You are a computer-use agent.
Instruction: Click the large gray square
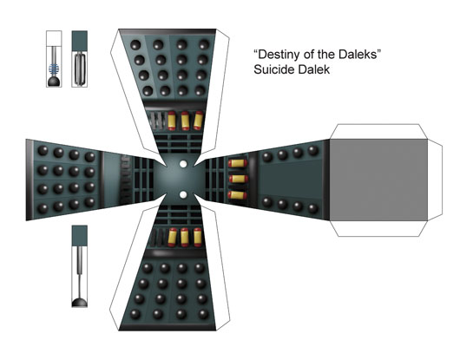point(378,180)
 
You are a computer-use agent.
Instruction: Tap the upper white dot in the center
point(183,164)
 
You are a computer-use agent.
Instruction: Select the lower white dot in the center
point(183,194)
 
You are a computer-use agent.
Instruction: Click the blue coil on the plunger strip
point(54,69)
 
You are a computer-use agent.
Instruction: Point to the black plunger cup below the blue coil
point(54,82)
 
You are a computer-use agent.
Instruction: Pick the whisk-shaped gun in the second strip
point(80,69)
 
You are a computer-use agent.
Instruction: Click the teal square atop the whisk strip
point(80,41)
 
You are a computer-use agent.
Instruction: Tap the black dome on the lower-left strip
point(80,302)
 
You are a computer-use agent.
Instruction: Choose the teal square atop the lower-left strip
point(80,236)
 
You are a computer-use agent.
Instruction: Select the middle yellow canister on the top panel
point(185,121)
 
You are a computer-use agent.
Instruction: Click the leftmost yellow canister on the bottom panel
point(172,238)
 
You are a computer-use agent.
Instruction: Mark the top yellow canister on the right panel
point(238,163)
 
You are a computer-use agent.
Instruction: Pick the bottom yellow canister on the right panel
point(238,195)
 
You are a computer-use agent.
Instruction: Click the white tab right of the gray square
point(435,180)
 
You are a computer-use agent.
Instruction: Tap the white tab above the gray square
point(378,132)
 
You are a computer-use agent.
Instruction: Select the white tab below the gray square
point(378,229)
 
